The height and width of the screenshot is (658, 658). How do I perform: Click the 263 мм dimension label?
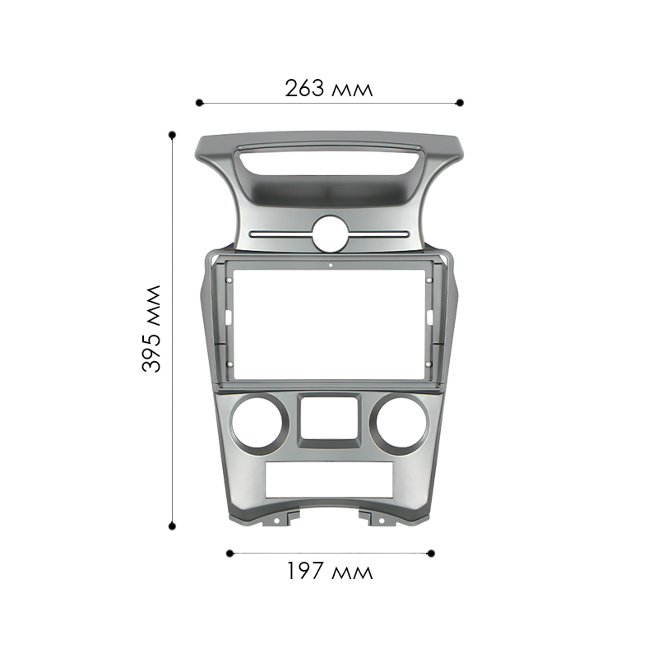[x=329, y=87]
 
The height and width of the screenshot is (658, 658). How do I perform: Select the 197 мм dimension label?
[x=329, y=571]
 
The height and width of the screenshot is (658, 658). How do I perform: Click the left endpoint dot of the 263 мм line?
[x=199, y=103]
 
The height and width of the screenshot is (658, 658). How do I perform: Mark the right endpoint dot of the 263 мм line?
[x=460, y=103]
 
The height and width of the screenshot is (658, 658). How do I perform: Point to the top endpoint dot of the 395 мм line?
[x=172, y=133]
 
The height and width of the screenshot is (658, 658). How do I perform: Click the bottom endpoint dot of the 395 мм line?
[x=172, y=525]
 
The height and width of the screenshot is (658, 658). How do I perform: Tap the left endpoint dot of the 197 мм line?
[x=229, y=553]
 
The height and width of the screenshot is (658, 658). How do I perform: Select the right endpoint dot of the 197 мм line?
[x=433, y=553]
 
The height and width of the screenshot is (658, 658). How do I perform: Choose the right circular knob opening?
[x=398, y=425]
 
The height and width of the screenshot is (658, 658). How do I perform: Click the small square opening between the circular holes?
[x=329, y=417]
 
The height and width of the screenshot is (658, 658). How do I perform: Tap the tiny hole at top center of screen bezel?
[x=329, y=266]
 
